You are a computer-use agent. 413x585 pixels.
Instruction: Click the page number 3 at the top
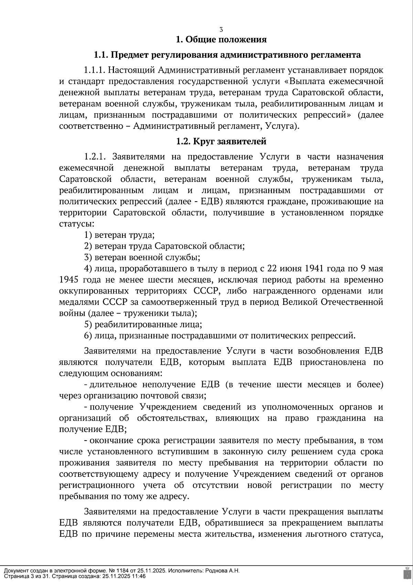(221, 30)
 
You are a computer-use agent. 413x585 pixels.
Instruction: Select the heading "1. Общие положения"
(221, 40)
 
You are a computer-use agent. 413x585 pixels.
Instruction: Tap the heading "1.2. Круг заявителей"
(221, 141)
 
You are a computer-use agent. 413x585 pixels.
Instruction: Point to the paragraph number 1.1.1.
(94, 70)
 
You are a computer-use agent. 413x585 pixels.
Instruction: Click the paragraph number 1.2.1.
(94, 157)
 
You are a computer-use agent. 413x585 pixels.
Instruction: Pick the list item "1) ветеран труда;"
(119, 235)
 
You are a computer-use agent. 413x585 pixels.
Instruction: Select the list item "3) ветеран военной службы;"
(142, 257)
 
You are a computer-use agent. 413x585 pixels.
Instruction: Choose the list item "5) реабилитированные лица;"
(143, 325)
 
